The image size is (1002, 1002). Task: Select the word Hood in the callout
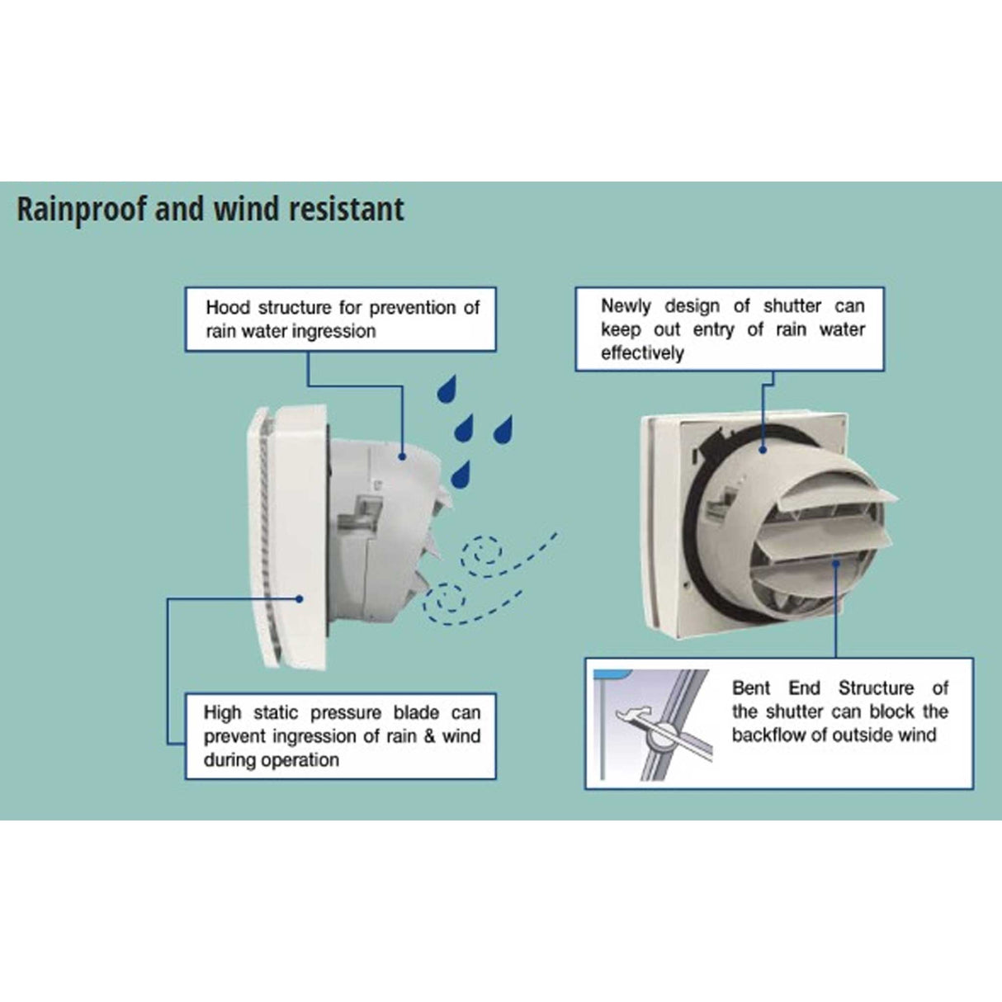pos(228,308)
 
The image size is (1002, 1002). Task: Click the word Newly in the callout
pos(626,306)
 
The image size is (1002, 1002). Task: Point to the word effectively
pos(642,353)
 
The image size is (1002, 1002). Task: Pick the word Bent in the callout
pos(751,688)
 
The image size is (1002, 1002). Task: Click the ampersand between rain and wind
pos(429,736)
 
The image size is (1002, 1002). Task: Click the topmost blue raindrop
pos(447,388)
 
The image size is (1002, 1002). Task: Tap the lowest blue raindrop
pos(460,475)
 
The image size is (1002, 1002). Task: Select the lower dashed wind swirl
pos(447,599)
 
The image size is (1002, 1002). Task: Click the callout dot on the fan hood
pos(403,455)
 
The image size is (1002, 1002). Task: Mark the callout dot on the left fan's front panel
pos(300,598)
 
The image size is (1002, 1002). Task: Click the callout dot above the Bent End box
pos(836,564)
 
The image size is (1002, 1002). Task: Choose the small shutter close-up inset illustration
pos(653,725)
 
